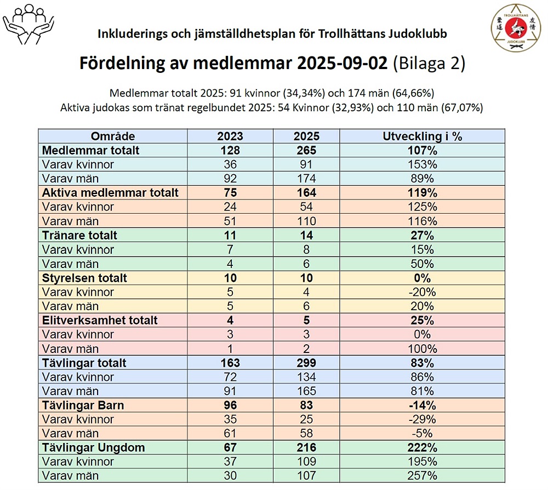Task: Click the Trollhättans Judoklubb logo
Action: click(516, 29)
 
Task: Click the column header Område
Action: click(113, 136)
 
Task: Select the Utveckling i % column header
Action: click(423, 136)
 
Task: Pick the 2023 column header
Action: click(230, 136)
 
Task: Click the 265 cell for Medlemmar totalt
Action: click(306, 150)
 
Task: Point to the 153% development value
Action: click(423, 164)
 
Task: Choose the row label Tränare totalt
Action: click(80, 236)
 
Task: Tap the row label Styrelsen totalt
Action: click(84, 278)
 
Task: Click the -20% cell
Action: click(423, 292)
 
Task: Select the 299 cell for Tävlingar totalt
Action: click(306, 363)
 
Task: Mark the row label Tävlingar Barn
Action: click(83, 406)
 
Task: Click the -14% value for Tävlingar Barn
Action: click(423, 406)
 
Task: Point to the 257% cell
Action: click(423, 476)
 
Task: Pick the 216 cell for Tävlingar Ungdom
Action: click(306, 448)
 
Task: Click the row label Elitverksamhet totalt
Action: click(100, 321)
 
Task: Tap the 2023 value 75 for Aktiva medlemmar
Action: click(230, 193)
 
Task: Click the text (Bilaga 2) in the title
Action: click(429, 63)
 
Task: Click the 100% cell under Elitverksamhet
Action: click(423, 349)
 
